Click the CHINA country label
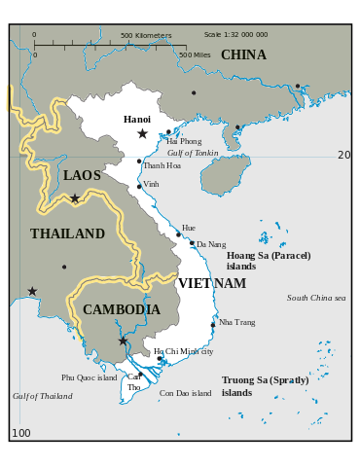click(243, 55)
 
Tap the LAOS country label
click(82, 176)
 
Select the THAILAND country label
click(67, 234)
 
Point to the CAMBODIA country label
click(121, 309)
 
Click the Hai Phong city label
click(184, 142)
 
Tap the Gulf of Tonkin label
click(193, 154)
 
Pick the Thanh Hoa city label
click(162, 165)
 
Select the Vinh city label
click(151, 184)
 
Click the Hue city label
click(188, 228)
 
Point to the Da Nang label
click(211, 244)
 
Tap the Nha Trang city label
click(237, 322)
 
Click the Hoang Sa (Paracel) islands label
click(269, 261)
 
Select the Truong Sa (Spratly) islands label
click(265, 386)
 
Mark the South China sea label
click(316, 298)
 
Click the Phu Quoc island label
click(89, 377)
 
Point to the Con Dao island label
click(185, 394)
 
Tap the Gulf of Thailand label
click(42, 396)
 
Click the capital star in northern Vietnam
click(142, 133)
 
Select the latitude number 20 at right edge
click(343, 156)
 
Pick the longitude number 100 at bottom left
click(20, 433)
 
